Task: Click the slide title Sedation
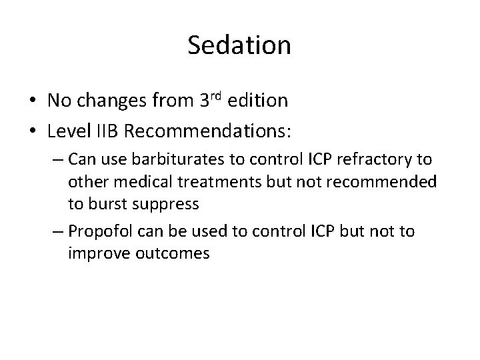point(239,45)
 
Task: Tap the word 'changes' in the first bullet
point(111,100)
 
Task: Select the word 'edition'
point(259,100)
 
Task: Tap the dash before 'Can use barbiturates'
point(58,161)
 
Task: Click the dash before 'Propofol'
point(58,231)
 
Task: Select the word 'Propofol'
point(99,231)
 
